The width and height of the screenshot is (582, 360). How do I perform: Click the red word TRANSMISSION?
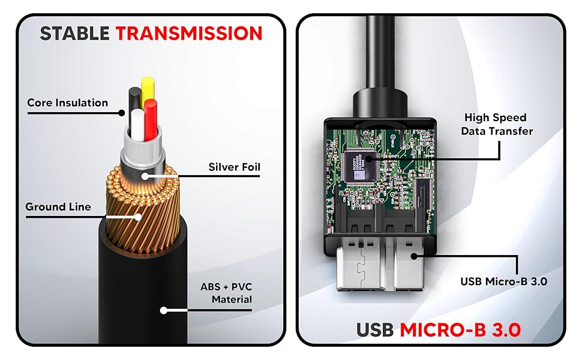(189, 33)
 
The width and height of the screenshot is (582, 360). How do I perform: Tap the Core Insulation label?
(67, 103)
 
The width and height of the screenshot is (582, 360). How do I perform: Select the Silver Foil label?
(234, 167)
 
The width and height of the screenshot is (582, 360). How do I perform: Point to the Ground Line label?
(58, 207)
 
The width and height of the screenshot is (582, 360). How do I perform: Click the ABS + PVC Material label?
(226, 293)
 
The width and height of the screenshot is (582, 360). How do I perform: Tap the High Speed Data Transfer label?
(497, 124)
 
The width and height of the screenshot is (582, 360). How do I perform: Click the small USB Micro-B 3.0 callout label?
(503, 280)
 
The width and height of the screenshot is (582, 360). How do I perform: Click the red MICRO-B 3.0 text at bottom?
(461, 329)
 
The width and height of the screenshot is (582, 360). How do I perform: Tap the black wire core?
(134, 96)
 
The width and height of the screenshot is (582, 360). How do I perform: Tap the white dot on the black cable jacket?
(163, 311)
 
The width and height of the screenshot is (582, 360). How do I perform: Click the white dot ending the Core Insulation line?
(122, 112)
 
